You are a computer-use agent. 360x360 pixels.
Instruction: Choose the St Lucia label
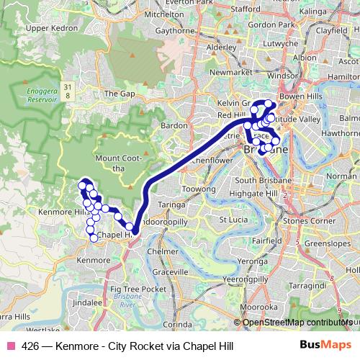233,219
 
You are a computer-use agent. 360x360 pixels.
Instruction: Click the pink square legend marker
11,345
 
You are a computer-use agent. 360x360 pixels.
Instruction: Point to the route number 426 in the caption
30,345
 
